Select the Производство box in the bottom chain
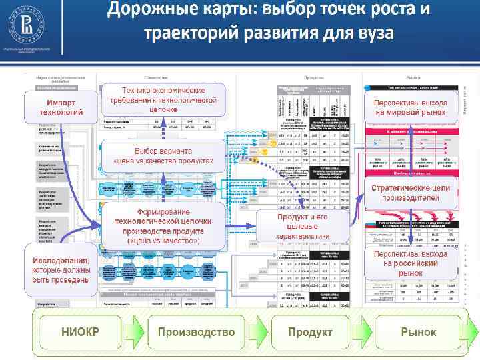tap(196, 331)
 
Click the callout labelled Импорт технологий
tap(63, 107)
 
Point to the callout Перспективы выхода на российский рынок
tap(411, 263)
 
